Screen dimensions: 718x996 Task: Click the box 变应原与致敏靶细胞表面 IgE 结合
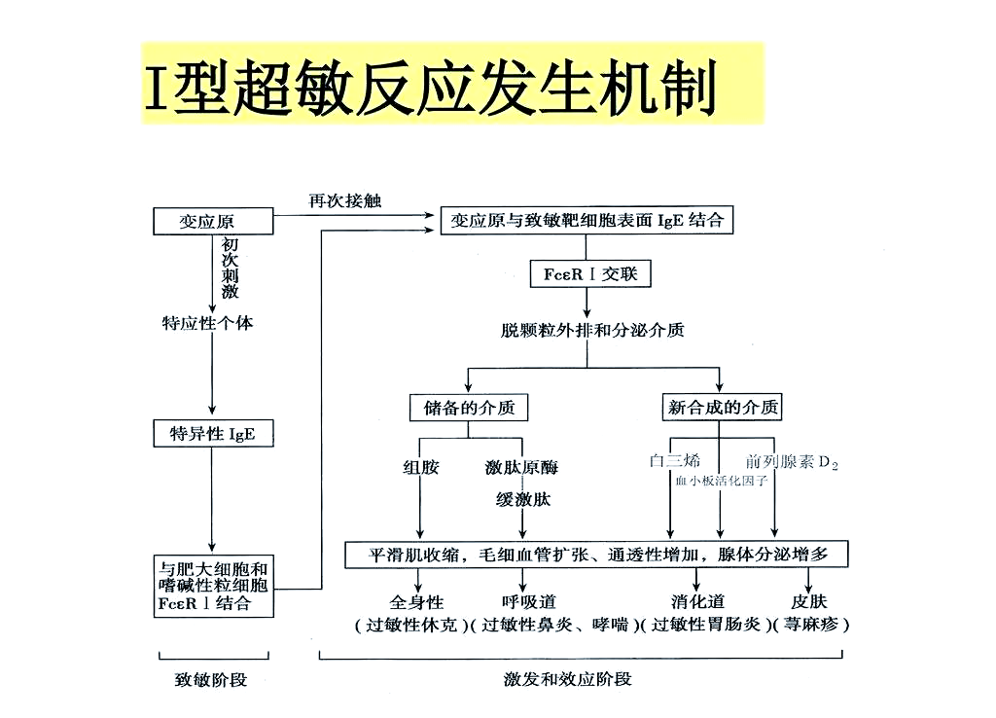click(x=587, y=221)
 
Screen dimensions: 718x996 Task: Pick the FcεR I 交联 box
click(x=590, y=274)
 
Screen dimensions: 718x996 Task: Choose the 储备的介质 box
click(x=469, y=408)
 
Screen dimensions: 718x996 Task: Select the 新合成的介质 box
click(x=723, y=408)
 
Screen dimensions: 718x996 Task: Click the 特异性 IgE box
click(x=212, y=434)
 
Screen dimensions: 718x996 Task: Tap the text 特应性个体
click(x=206, y=322)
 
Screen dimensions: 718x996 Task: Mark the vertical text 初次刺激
click(x=230, y=269)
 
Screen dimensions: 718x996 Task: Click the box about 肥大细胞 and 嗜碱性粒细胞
click(x=213, y=586)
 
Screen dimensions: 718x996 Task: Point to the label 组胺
click(x=420, y=467)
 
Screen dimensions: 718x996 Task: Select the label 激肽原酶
click(x=521, y=467)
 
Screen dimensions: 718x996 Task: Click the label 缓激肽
click(x=523, y=500)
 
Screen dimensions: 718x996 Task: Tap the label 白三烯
click(x=674, y=461)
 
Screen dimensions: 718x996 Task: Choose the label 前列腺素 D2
click(x=791, y=462)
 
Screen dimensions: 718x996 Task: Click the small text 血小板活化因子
click(x=722, y=481)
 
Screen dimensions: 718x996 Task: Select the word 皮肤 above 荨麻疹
click(x=808, y=602)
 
